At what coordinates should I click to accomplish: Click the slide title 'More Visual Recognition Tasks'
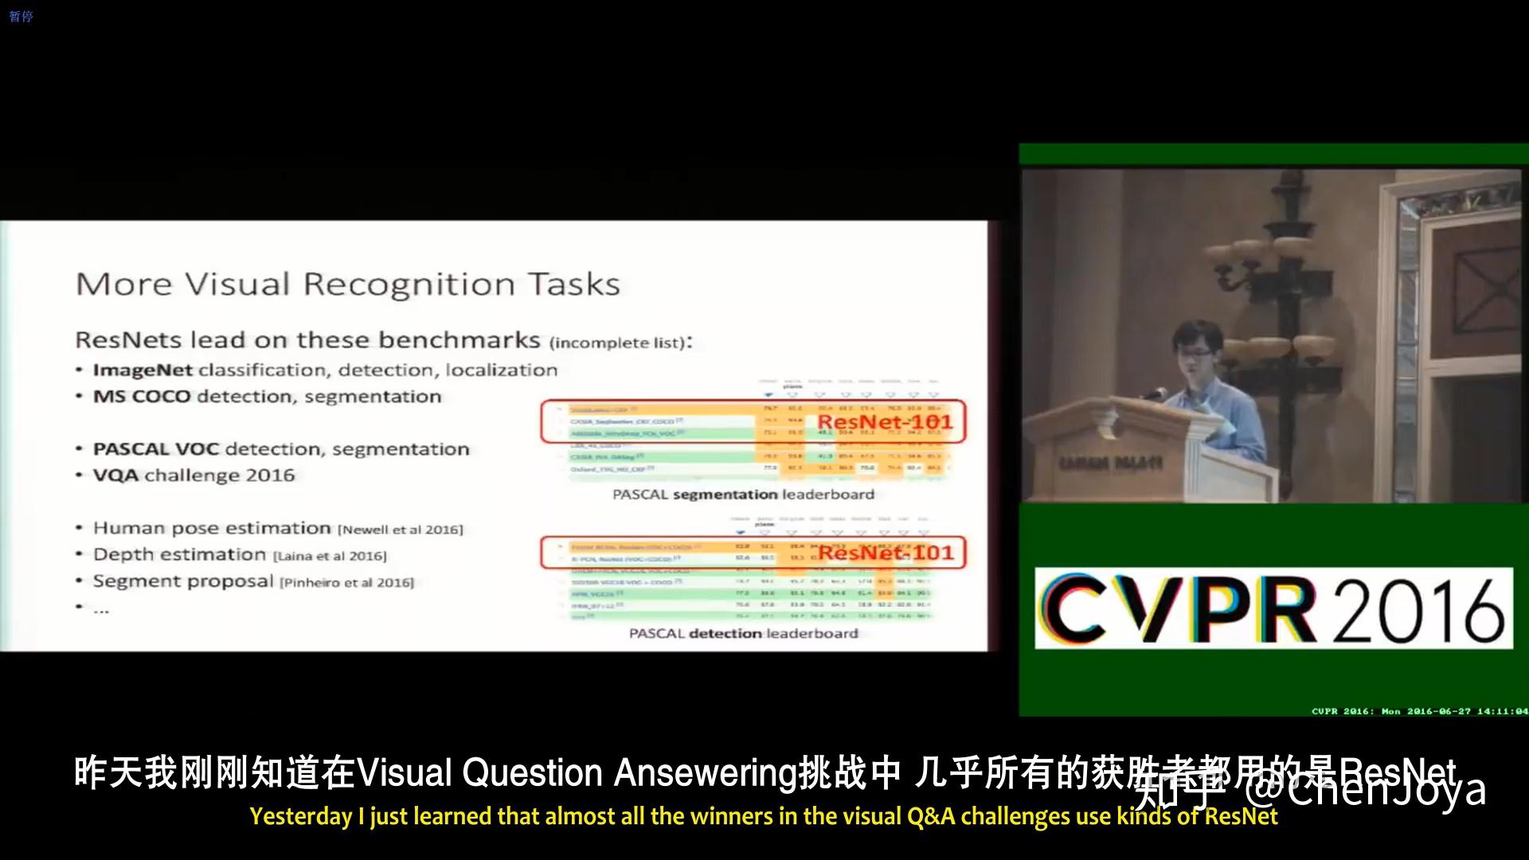[x=347, y=284]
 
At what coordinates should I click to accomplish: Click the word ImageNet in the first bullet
[x=143, y=370]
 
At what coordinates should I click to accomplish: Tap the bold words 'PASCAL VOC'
[x=156, y=449]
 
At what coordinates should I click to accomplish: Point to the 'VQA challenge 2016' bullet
[x=194, y=475]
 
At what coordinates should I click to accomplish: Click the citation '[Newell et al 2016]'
[x=400, y=530]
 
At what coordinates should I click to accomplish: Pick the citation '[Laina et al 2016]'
[x=330, y=556]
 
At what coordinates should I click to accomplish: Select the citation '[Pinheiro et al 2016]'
[x=346, y=583]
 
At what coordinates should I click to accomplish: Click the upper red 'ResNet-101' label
[x=885, y=422]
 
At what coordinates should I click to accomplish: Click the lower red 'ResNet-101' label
[x=886, y=553]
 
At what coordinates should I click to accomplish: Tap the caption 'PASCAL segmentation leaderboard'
[x=743, y=494]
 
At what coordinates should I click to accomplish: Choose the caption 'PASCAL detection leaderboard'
[x=743, y=634]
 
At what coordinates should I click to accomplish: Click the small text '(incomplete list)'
[x=618, y=343]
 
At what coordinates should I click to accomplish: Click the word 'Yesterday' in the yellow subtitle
[x=300, y=817]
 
